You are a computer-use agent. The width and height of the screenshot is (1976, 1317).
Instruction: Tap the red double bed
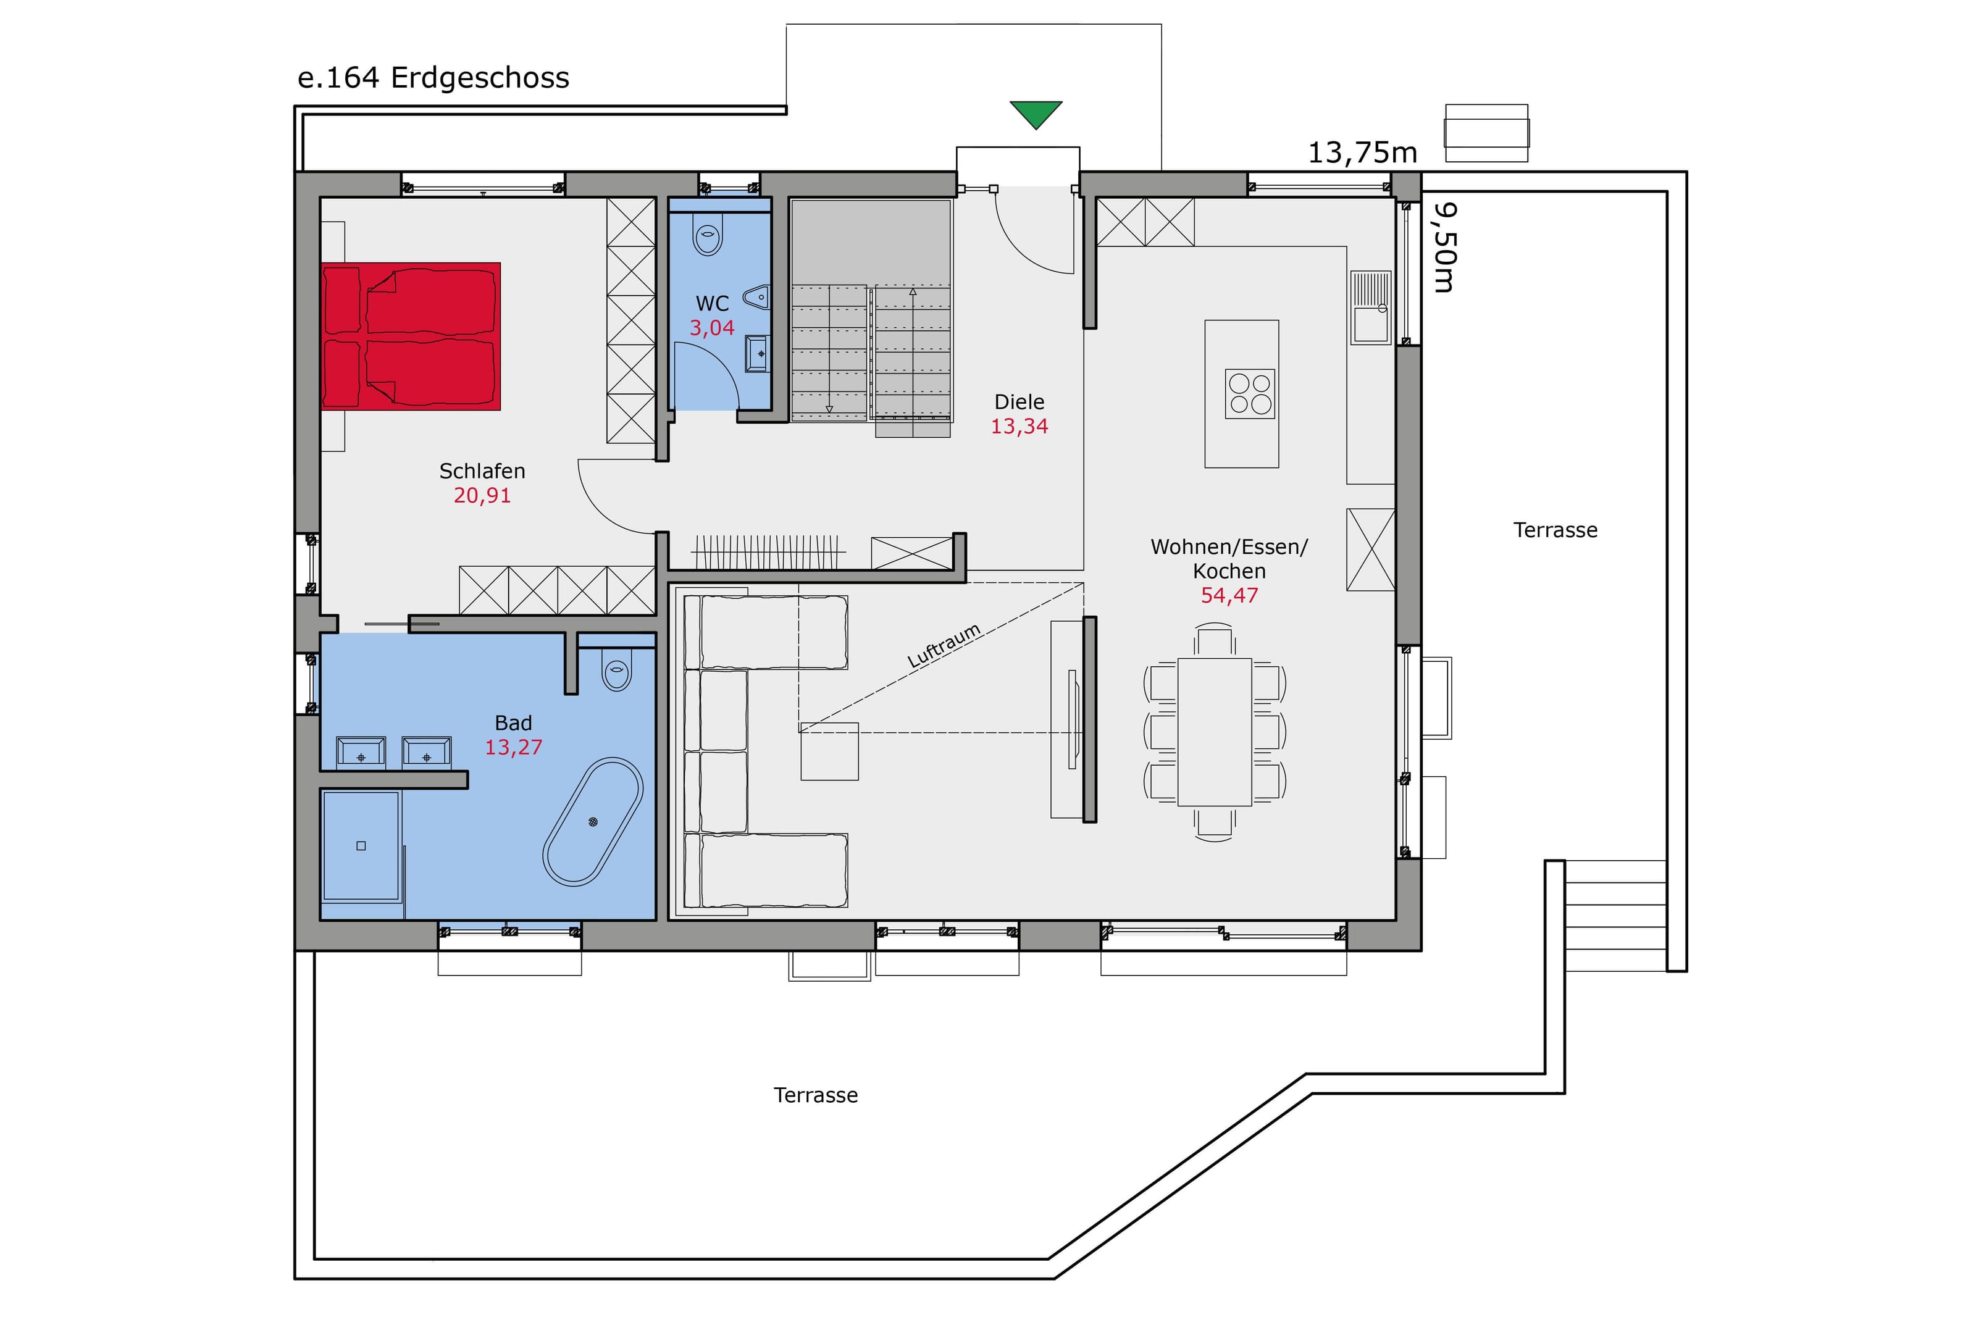tap(411, 337)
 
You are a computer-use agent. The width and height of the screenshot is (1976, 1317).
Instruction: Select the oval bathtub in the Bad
tap(593, 821)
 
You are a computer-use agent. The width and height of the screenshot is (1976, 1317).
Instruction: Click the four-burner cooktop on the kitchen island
tap(1250, 394)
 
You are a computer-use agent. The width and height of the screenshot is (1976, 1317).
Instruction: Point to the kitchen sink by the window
tap(1370, 307)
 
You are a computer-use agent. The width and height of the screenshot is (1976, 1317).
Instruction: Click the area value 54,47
tap(1229, 595)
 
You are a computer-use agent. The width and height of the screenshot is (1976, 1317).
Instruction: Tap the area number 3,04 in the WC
tap(712, 328)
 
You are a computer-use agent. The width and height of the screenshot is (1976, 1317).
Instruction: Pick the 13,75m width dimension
tap(1363, 153)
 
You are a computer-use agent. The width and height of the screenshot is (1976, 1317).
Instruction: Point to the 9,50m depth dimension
tap(1444, 247)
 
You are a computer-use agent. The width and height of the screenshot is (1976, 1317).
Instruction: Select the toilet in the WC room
tap(708, 233)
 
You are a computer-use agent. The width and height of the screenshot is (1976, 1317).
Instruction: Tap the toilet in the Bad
tap(616, 669)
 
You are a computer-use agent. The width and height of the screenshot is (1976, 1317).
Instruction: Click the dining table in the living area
tap(1215, 732)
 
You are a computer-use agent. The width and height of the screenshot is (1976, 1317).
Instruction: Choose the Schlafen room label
tap(482, 471)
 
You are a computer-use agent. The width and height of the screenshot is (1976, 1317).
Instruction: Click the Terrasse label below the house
tap(816, 1095)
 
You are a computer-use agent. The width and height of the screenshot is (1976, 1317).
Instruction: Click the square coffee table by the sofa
tap(829, 751)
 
